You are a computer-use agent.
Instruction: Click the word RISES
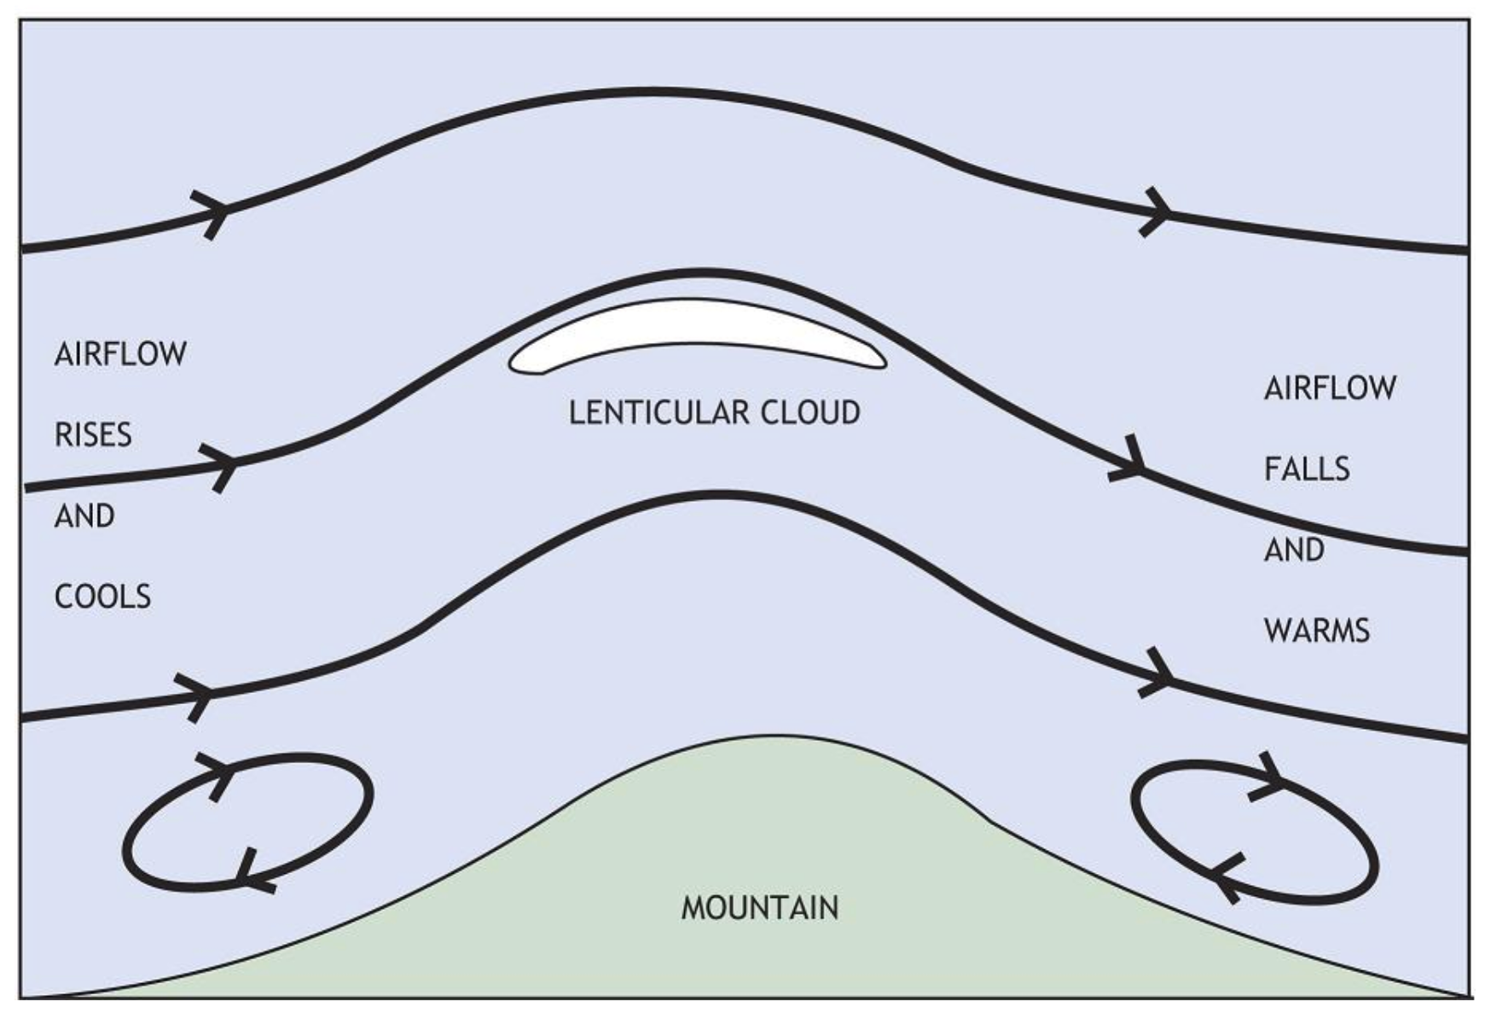(x=93, y=435)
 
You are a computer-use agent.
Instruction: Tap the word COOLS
(x=102, y=597)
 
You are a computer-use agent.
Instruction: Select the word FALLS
(x=1307, y=469)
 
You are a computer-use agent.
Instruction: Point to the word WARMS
(x=1316, y=631)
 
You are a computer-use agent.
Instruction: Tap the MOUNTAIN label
(x=759, y=907)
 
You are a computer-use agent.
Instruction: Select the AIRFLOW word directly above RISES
(x=120, y=354)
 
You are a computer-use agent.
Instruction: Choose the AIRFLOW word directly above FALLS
(x=1330, y=388)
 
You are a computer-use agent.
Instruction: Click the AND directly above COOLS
(x=84, y=516)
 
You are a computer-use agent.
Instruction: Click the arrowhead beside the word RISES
(x=223, y=465)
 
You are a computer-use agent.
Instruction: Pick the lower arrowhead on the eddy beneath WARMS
(x=1227, y=876)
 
